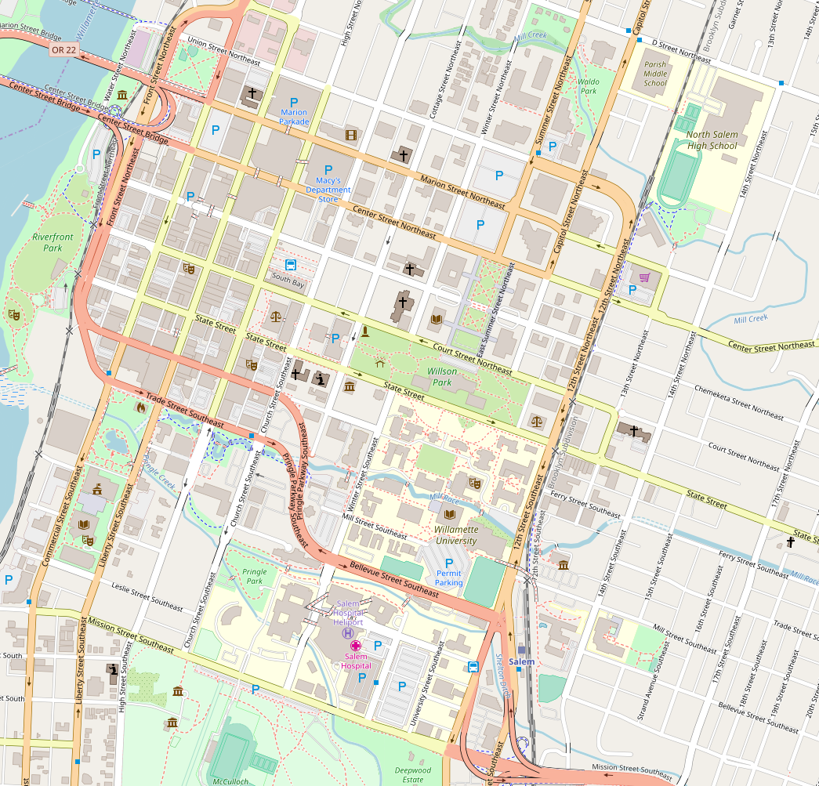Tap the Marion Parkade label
click(294, 117)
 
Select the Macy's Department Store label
click(328, 190)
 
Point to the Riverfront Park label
click(47, 242)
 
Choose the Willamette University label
click(455, 535)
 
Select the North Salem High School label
click(712, 139)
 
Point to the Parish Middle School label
click(655, 74)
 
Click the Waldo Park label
click(588, 85)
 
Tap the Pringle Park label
click(254, 577)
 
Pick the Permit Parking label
click(448, 578)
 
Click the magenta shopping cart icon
click(644, 277)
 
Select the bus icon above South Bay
click(290, 265)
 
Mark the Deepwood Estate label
click(413, 775)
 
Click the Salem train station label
click(522, 662)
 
